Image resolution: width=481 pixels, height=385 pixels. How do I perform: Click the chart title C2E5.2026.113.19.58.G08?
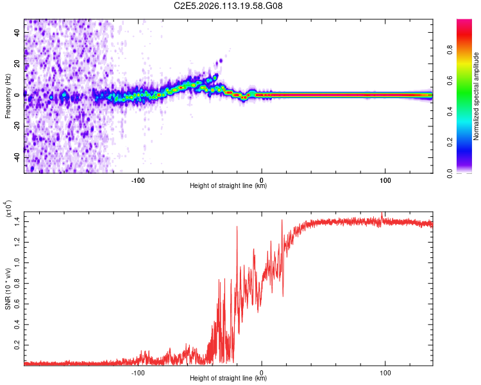point(228,6)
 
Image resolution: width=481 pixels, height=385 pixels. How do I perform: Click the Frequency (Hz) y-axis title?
point(7,96)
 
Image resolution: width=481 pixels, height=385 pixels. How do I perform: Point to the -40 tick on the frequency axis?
point(17,157)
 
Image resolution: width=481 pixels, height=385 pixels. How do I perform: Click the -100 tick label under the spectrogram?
point(137,180)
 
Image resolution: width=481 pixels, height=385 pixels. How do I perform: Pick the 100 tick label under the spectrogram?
point(385,180)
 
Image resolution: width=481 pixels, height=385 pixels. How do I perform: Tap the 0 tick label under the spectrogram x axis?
point(261,180)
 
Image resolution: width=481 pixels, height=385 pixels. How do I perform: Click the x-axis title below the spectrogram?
point(228,187)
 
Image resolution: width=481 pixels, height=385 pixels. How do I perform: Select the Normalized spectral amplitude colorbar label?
point(477,96)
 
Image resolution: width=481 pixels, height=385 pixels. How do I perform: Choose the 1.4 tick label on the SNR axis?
point(17,221)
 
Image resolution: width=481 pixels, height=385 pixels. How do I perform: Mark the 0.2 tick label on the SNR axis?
point(17,345)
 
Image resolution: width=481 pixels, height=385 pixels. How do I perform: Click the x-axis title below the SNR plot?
point(228,379)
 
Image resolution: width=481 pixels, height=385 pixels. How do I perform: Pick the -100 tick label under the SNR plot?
point(137,372)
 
